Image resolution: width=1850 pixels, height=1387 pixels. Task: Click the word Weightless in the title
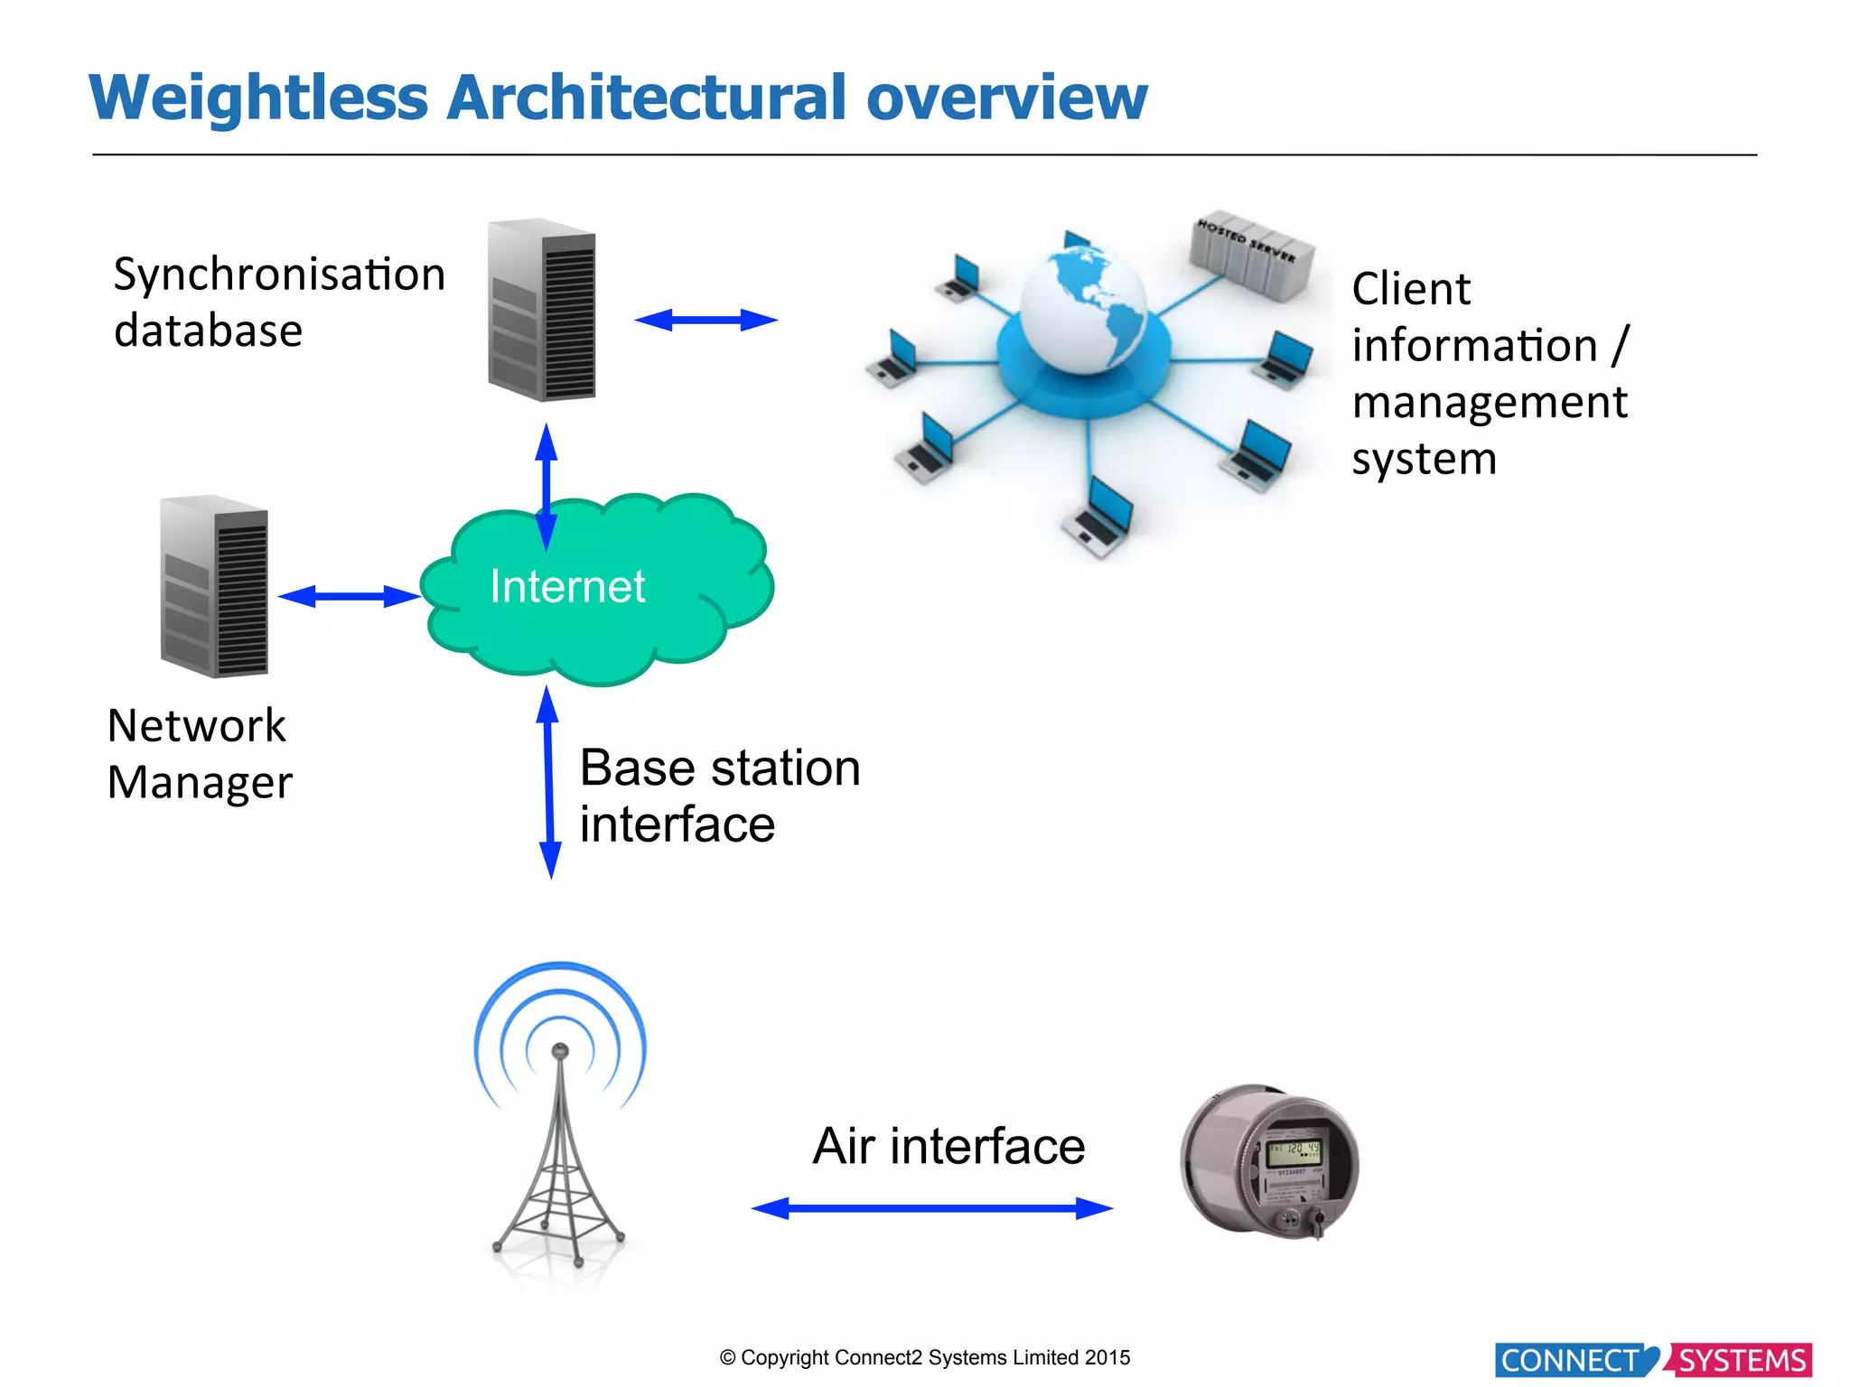(258, 98)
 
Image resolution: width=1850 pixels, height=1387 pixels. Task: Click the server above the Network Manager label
(214, 586)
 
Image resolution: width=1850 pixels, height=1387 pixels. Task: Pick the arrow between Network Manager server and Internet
(349, 596)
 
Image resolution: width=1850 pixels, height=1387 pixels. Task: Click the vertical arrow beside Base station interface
(548, 782)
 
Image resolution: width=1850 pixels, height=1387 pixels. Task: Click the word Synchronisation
(279, 275)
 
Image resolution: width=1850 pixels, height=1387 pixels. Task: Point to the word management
(1490, 403)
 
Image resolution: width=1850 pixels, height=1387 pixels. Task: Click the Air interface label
(948, 1147)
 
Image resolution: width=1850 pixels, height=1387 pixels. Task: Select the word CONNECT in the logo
(1570, 1360)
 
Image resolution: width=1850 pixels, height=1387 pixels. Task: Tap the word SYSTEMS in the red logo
(1742, 1360)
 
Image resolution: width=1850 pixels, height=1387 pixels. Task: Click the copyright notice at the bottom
(924, 1357)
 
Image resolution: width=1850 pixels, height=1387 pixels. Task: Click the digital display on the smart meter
(1294, 1151)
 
